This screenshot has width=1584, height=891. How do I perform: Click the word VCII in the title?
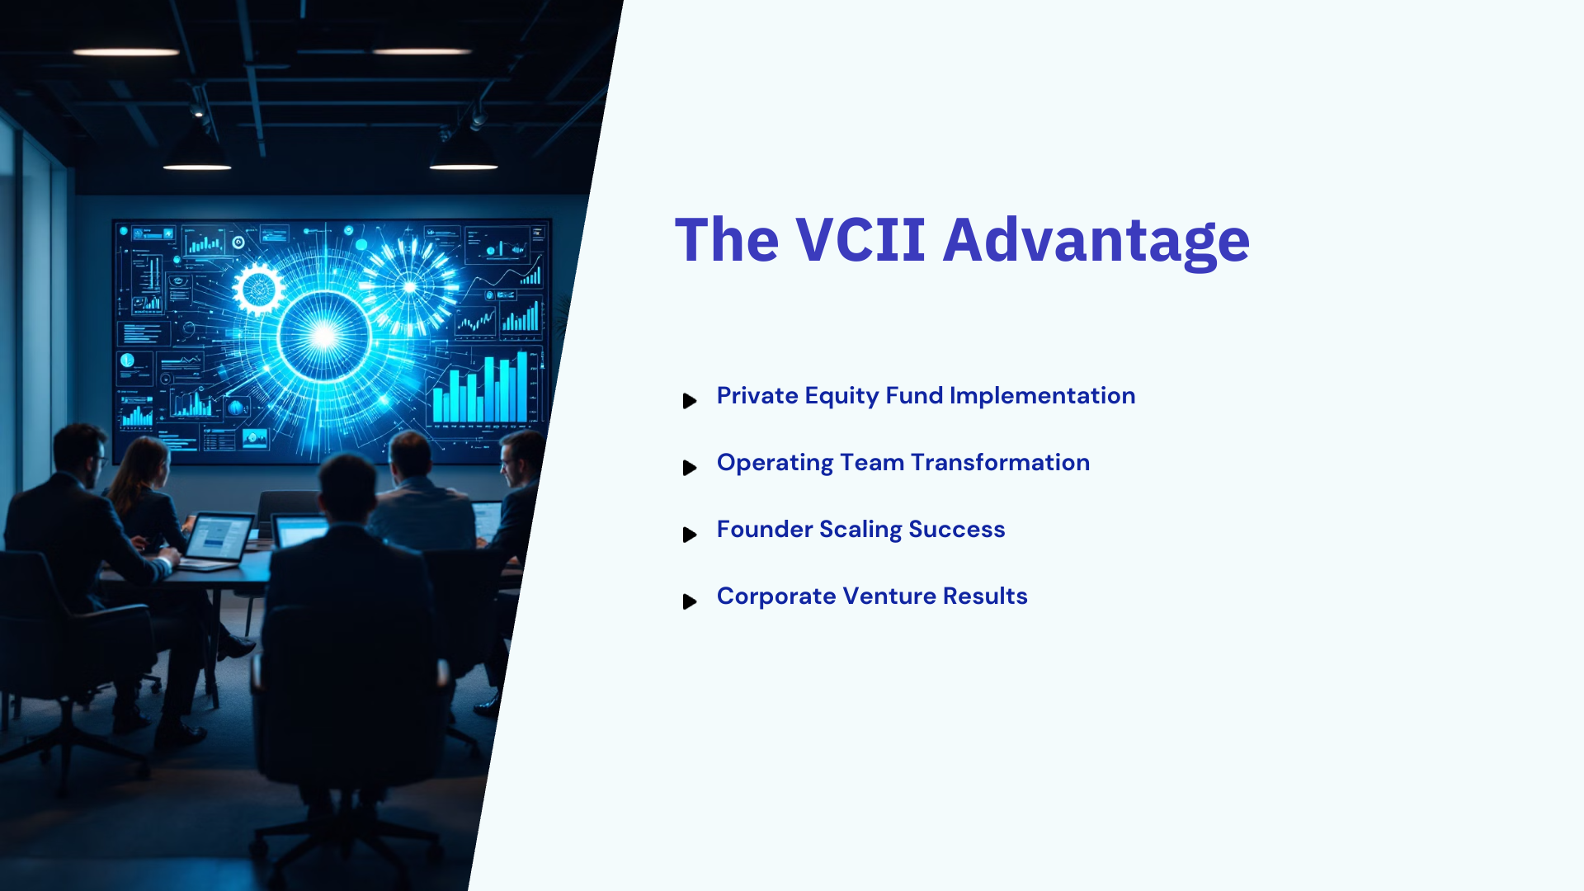[x=860, y=240]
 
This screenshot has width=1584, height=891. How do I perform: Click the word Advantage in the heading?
[x=1096, y=242]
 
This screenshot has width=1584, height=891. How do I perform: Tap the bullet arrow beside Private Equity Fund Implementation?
[x=690, y=401]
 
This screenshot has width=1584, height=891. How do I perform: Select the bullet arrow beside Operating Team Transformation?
[x=690, y=468]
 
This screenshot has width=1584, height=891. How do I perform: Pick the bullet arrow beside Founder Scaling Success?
[x=690, y=535]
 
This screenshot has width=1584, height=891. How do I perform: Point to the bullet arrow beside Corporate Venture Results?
[x=690, y=601]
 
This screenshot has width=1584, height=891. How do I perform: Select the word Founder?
[x=765, y=530]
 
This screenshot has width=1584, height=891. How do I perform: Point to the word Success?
[x=957, y=530]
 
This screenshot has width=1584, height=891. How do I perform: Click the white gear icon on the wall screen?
[x=258, y=290]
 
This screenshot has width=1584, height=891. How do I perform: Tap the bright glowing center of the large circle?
[x=323, y=336]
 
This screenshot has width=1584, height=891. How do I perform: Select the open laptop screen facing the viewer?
[x=219, y=539]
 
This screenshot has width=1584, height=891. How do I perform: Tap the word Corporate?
[x=776, y=596]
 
